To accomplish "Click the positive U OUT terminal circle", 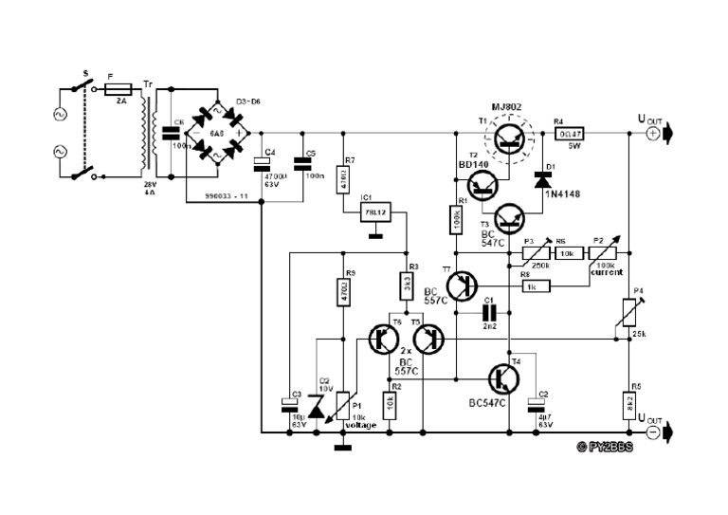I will (653, 134).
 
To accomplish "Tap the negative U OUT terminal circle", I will (653, 432).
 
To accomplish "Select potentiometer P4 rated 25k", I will (627, 313).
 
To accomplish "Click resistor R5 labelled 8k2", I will (627, 402).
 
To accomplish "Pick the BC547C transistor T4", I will (500, 378).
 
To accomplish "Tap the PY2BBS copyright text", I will (605, 447).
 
